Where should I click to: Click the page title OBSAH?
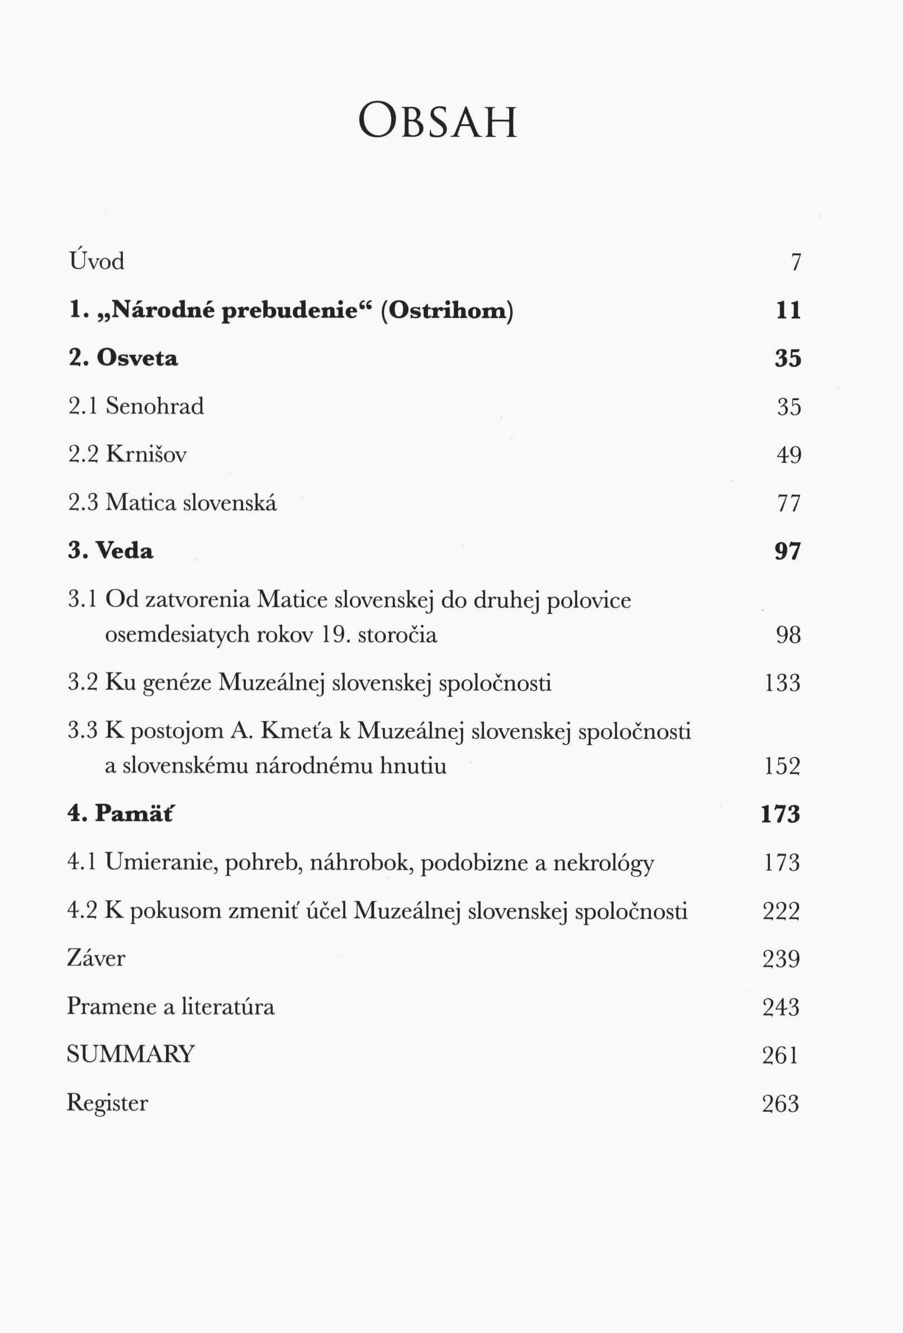[x=438, y=122]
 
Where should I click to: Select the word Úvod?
[x=96, y=261]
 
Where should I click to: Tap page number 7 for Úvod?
[x=795, y=262]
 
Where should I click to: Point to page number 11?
[x=788, y=310]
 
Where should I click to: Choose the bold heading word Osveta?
[x=137, y=358]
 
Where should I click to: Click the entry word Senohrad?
[x=155, y=406]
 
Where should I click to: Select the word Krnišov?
[x=146, y=454]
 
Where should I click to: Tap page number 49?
[x=788, y=455]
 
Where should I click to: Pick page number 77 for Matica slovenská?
[x=788, y=503]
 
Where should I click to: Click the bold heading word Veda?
[x=125, y=551]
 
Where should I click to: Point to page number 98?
[x=788, y=635]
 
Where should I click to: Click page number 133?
[x=783, y=683]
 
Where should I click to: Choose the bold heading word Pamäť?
[x=134, y=813]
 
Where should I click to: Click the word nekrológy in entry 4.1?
[x=603, y=862]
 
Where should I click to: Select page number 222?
[x=781, y=911]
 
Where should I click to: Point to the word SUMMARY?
[x=131, y=1054]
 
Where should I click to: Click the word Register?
[x=107, y=1102]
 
